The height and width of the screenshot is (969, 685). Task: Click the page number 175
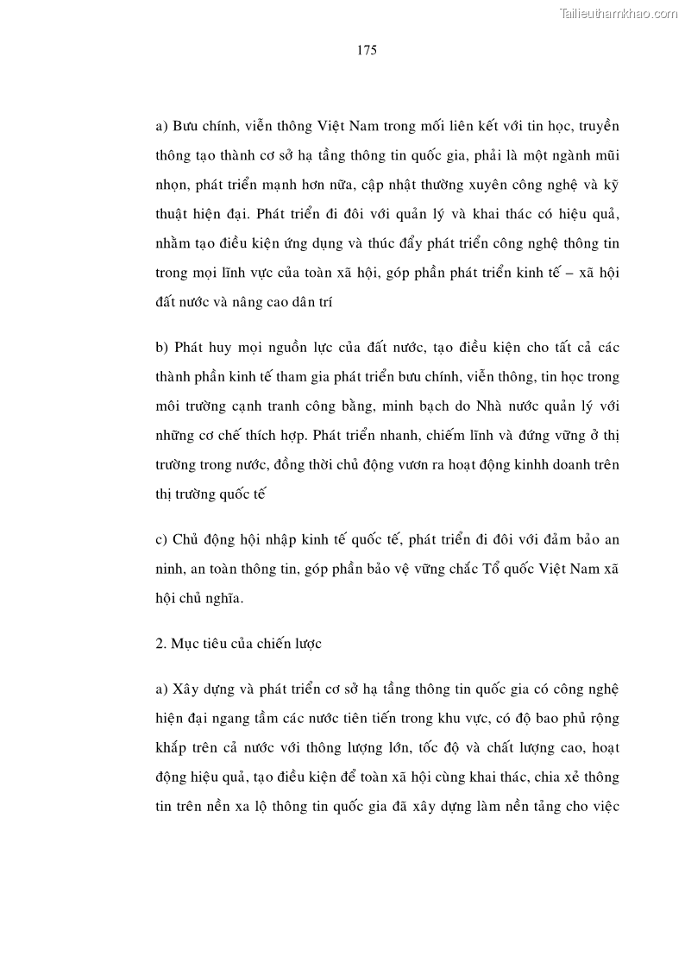click(367, 50)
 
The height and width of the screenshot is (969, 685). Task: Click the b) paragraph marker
click(161, 348)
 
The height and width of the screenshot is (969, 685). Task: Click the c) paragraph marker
click(161, 540)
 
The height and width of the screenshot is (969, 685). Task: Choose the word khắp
click(170, 748)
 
